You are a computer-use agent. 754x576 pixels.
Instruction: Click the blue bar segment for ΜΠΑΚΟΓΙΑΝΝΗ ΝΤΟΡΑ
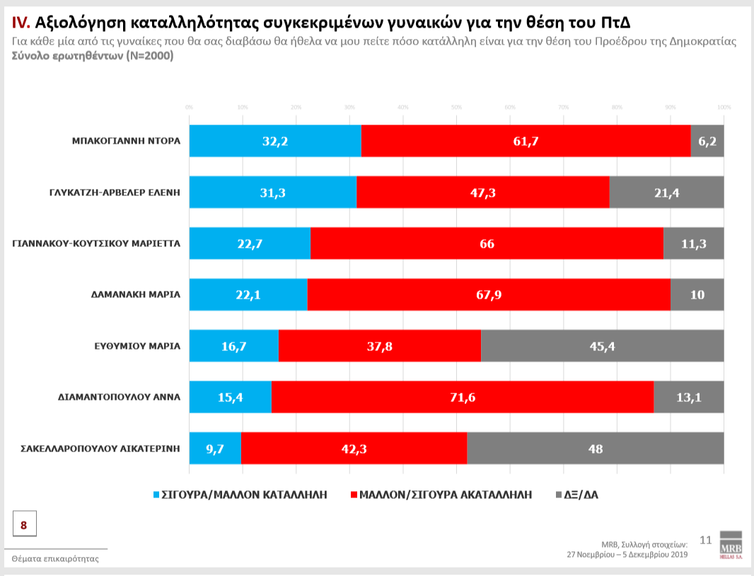pyautogui.click(x=275, y=141)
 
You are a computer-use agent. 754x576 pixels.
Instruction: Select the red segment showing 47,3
pyautogui.click(x=482, y=192)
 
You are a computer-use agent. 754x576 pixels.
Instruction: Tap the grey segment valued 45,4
pyautogui.click(x=602, y=346)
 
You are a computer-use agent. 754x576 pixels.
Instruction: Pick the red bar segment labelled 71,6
pyautogui.click(x=462, y=397)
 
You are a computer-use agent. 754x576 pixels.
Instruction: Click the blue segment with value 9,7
pyautogui.click(x=215, y=448)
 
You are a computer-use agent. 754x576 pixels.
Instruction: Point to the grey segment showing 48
pyautogui.click(x=595, y=448)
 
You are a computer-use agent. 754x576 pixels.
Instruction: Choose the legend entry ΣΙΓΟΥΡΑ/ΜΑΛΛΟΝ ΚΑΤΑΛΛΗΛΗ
pyautogui.click(x=240, y=495)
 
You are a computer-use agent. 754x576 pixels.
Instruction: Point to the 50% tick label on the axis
pyautogui.click(x=456, y=107)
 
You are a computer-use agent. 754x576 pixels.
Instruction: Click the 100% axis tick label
pyautogui.click(x=724, y=107)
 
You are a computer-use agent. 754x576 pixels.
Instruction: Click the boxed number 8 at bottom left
pyautogui.click(x=24, y=525)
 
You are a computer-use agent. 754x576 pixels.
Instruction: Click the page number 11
pyautogui.click(x=704, y=540)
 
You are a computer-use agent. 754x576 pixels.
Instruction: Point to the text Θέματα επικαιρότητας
pyautogui.click(x=55, y=558)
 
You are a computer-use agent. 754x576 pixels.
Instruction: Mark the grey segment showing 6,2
pyautogui.click(x=707, y=141)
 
